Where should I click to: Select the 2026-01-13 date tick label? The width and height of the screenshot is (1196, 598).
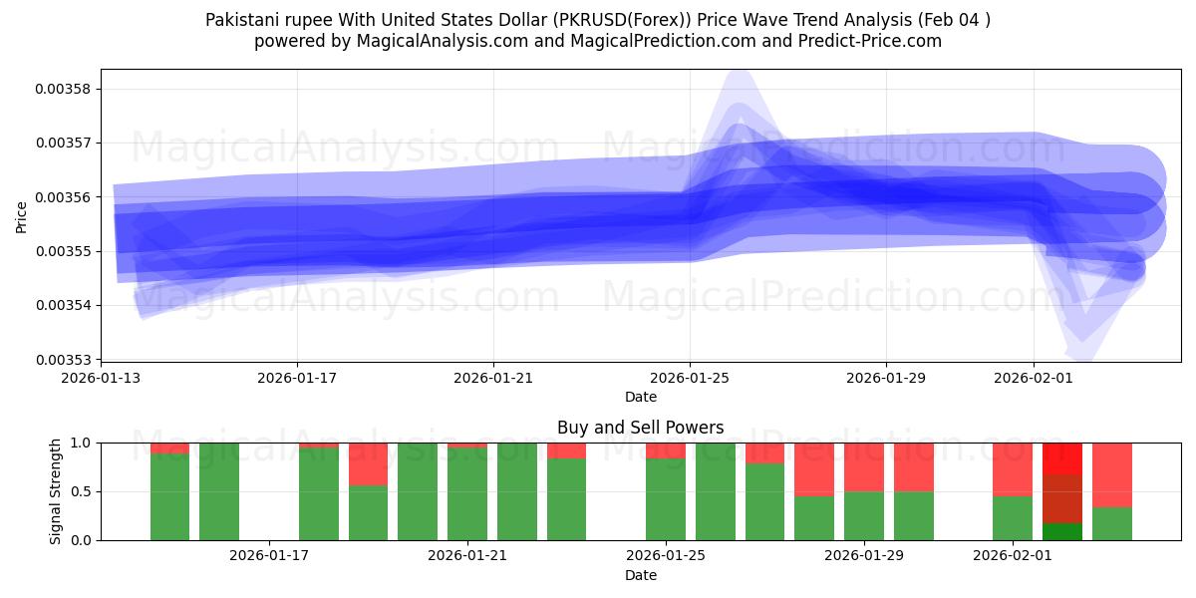click(101, 378)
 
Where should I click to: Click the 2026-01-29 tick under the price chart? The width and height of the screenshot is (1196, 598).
click(886, 378)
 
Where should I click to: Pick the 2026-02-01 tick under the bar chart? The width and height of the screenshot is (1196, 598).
click(1012, 555)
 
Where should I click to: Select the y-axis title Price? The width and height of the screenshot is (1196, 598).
click(21, 215)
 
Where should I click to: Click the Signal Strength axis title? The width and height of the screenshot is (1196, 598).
click(56, 491)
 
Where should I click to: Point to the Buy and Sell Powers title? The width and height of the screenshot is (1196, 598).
click(640, 428)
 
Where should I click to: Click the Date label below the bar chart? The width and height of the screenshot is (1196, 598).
click(640, 575)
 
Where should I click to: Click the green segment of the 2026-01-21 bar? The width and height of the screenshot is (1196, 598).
click(467, 493)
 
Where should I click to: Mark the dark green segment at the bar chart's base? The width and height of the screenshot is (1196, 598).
click(1062, 531)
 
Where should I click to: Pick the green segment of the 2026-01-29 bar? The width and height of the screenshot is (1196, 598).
click(864, 515)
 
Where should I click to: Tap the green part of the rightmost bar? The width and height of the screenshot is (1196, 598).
click(1112, 523)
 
